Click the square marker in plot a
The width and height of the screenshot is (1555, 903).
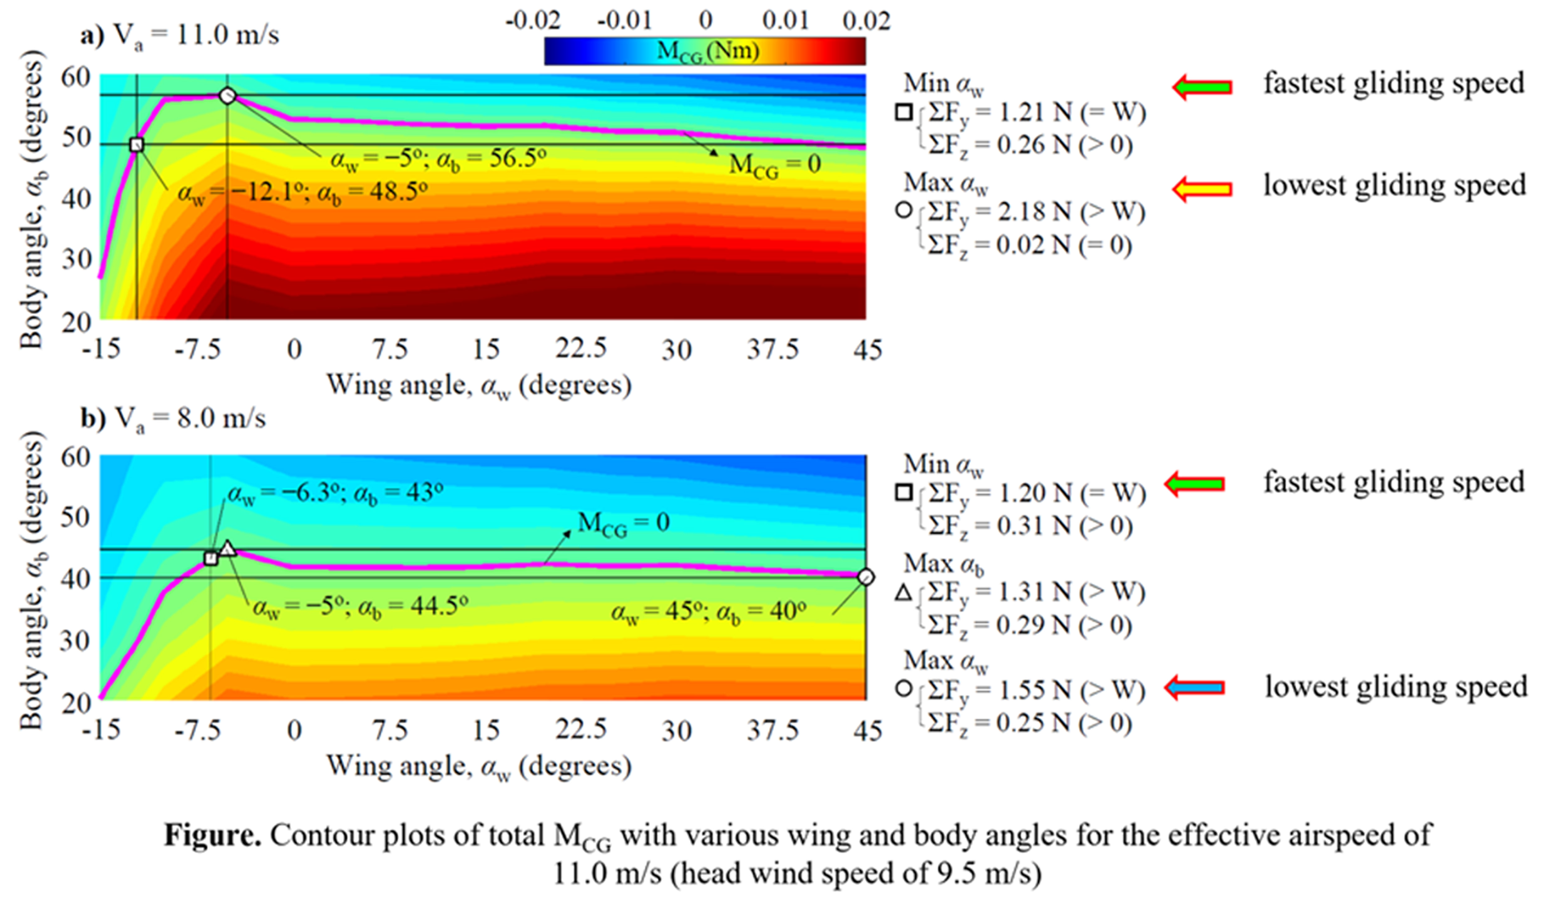pos(137,145)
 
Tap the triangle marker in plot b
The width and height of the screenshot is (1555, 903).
pos(228,548)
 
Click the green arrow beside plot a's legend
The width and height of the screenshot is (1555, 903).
pos(1202,87)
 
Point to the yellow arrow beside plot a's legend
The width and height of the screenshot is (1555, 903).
pos(1202,189)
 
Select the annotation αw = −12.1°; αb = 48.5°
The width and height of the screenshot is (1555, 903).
pos(302,192)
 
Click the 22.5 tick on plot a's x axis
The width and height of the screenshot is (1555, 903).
pos(581,349)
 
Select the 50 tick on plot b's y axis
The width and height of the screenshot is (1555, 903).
pos(75,517)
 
